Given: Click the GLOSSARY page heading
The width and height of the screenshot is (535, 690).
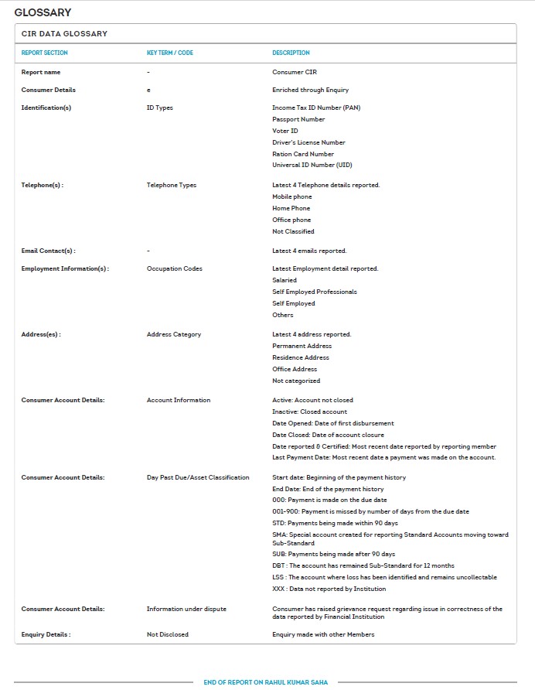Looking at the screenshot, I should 43,12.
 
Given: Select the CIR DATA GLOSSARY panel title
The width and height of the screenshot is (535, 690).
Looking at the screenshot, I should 64,34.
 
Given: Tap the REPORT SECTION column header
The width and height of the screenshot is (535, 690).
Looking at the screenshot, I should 44,53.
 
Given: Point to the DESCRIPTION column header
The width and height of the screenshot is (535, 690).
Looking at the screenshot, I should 291,53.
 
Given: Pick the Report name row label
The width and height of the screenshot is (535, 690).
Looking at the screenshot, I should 41,72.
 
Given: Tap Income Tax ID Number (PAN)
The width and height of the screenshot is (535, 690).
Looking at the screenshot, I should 316,108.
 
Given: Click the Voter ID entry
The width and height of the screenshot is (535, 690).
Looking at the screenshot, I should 285,131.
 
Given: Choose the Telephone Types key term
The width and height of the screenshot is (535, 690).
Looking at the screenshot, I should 172,185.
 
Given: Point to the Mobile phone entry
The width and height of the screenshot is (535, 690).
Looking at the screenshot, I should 292,196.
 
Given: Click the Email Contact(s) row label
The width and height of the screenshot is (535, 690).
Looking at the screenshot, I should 48,251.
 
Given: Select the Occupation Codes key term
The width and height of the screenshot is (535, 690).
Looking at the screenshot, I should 175,268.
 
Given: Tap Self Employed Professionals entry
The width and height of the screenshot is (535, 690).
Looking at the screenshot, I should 315,292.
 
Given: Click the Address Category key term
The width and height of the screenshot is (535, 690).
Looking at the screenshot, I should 174,334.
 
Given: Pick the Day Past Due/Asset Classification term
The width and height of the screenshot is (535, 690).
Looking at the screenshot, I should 198,477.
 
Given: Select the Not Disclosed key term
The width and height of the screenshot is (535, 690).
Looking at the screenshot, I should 168,634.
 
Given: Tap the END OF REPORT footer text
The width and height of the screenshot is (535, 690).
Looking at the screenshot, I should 266,682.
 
